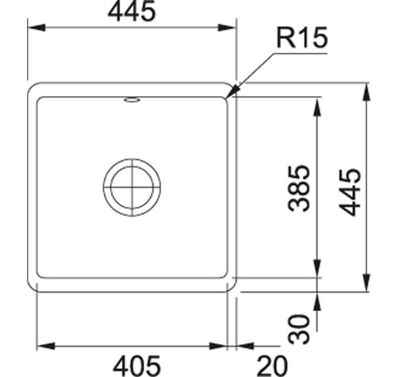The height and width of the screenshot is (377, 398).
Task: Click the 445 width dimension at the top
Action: [x=131, y=12]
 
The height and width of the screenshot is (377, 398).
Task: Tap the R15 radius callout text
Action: [x=302, y=38]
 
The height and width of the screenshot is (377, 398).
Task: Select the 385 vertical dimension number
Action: [x=299, y=188]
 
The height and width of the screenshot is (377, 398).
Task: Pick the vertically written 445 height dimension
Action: [x=350, y=193]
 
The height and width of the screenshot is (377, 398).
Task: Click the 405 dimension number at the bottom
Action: [x=137, y=366]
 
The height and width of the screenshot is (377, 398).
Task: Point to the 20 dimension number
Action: [x=272, y=366]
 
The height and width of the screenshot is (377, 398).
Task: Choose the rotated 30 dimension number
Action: [x=299, y=329]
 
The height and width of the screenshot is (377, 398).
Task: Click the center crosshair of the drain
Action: [x=132, y=188]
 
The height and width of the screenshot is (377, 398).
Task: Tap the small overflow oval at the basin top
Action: [x=132, y=100]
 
